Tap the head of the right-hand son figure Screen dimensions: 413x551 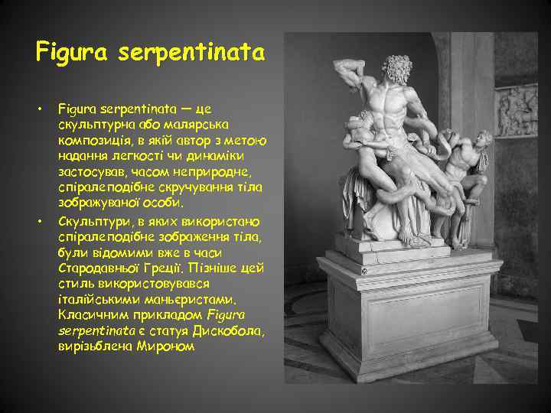[481, 140]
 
